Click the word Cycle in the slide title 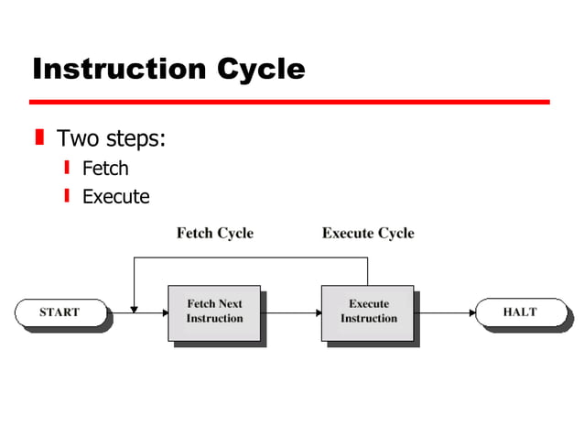[x=262, y=69]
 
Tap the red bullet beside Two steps [x=39, y=138]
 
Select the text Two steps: [x=111, y=139]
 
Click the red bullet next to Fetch [x=67, y=168]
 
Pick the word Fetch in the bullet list [x=105, y=169]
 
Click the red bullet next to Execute [x=67, y=195]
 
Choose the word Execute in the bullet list [x=115, y=196]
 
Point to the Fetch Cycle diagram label [x=214, y=233]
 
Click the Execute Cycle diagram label [x=368, y=233]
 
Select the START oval [x=59, y=312]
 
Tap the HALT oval [x=520, y=312]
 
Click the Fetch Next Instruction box [x=215, y=312]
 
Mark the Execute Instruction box [x=368, y=312]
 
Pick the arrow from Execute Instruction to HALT [x=444, y=312]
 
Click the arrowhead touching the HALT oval [x=470, y=312]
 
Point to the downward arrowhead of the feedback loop [x=135, y=308]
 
